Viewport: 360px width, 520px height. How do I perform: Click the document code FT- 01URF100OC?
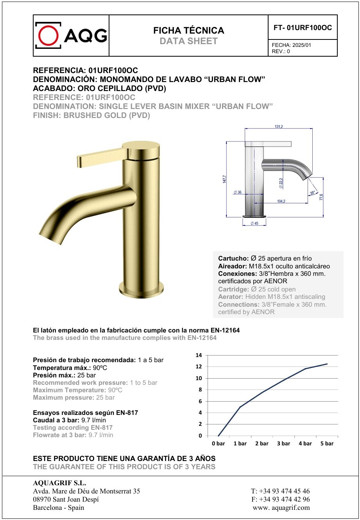pyautogui.click(x=303, y=28)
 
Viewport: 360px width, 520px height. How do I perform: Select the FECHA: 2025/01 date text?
pyautogui.click(x=291, y=45)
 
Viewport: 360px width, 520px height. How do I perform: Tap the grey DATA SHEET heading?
pyautogui.click(x=188, y=41)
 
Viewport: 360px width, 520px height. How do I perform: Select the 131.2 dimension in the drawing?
pyautogui.click(x=279, y=127)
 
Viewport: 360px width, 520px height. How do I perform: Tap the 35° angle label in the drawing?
pyautogui.click(x=312, y=193)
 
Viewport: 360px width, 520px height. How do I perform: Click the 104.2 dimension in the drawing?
pyautogui.click(x=281, y=201)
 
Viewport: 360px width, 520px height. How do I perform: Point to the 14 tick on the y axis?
pyautogui.click(x=199, y=355)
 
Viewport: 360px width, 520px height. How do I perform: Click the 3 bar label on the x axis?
pyautogui.click(x=283, y=443)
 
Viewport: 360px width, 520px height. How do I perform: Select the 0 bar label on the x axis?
pyautogui.click(x=219, y=443)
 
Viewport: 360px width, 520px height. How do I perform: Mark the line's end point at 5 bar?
pyautogui.click(x=327, y=364)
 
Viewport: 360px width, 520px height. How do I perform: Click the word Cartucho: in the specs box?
pyautogui.click(x=233, y=259)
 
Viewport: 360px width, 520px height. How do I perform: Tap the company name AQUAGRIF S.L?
pyautogui.click(x=59, y=483)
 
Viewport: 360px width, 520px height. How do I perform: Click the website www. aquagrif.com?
pyautogui.click(x=281, y=507)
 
